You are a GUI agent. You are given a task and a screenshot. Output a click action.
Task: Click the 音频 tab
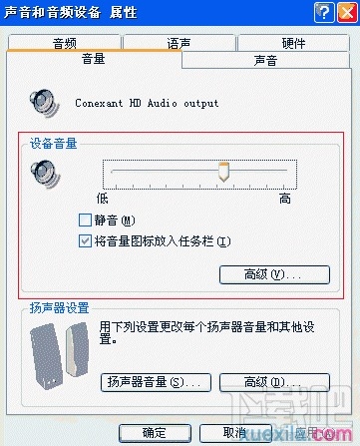(x=65, y=43)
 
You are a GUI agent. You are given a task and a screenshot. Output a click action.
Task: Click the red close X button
(x=345, y=11)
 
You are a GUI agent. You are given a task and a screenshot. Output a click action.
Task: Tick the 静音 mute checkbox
(x=85, y=221)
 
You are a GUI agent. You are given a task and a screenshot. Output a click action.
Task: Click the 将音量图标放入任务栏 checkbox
(x=85, y=240)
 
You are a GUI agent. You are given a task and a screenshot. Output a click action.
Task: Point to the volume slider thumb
(x=225, y=173)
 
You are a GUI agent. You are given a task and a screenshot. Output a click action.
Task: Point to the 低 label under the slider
(x=102, y=199)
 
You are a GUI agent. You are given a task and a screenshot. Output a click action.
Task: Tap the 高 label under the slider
(x=284, y=199)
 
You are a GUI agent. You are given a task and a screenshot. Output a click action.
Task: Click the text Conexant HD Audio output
(x=147, y=103)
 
